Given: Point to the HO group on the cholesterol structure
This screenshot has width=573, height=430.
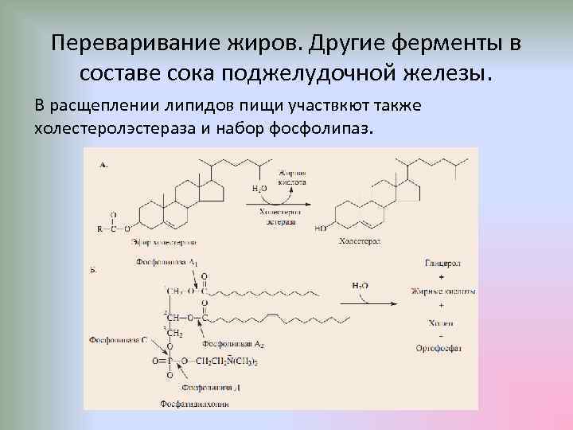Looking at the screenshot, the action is point(321,228).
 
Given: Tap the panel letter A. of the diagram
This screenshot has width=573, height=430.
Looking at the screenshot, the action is point(103,164).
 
